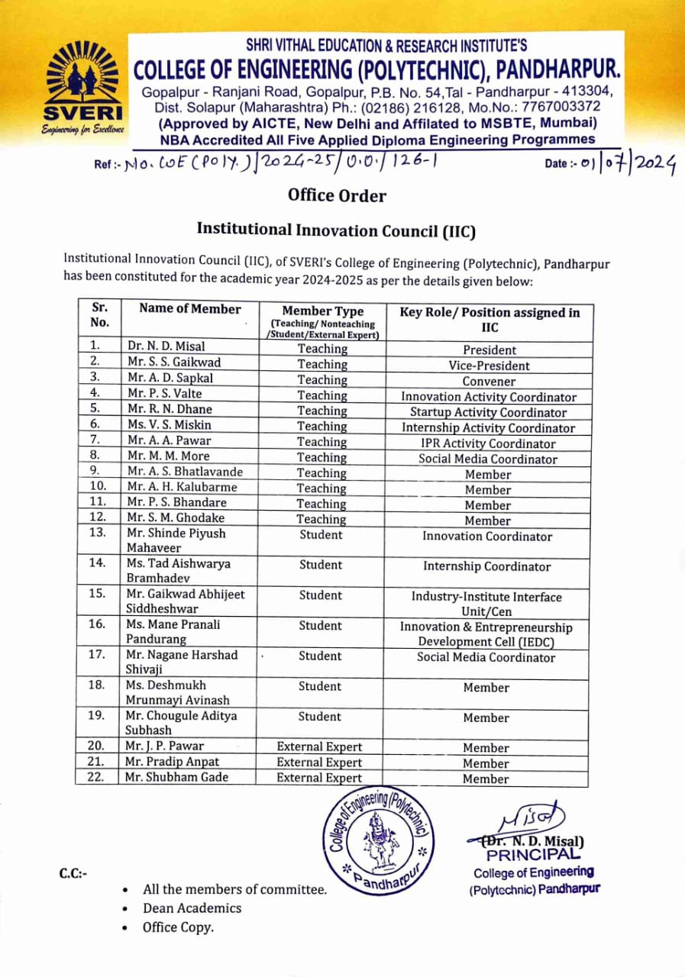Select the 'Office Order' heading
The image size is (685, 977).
coord(337,195)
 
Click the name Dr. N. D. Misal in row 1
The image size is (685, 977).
coord(166,346)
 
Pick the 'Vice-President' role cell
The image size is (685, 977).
coord(489,366)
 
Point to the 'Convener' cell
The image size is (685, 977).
coord(489,382)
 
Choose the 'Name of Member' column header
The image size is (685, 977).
coord(189,309)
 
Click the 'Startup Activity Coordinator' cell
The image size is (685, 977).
coord(489,412)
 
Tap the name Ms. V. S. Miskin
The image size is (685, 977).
coord(169,424)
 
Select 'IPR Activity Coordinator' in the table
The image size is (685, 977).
coord(489,443)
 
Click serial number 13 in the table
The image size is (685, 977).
coord(97,533)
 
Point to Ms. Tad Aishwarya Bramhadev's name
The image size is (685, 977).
coord(178,570)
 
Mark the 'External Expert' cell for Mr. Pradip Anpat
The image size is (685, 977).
coord(319,763)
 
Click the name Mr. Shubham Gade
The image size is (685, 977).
coord(177,777)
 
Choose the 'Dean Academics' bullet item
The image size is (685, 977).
coord(192,908)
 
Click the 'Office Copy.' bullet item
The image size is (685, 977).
coord(178,927)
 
